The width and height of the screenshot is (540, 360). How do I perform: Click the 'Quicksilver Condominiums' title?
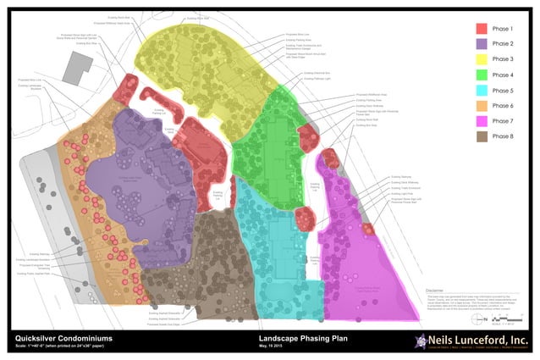click(63, 339)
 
